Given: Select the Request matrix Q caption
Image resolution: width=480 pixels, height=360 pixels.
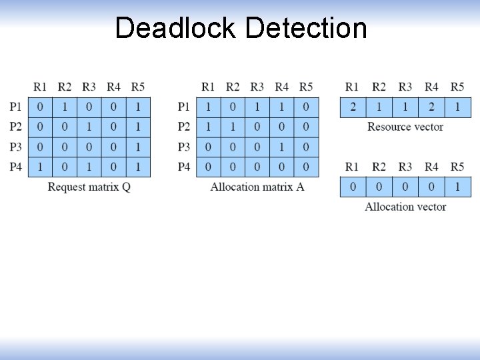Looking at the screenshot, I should pyautogui.click(x=89, y=187).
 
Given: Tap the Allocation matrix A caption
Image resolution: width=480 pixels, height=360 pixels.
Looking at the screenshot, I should pyautogui.click(x=257, y=187).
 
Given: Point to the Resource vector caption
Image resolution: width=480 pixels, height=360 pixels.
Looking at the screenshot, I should pyautogui.click(x=405, y=127).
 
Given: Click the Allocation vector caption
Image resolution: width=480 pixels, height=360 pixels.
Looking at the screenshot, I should pyautogui.click(x=405, y=207).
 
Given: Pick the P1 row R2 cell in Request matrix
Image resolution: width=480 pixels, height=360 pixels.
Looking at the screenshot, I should pyautogui.click(x=65, y=107).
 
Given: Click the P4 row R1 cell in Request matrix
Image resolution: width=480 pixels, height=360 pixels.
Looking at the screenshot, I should pyautogui.click(x=41, y=167).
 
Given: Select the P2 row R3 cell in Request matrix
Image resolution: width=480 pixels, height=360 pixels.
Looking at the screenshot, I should pyautogui.click(x=89, y=127).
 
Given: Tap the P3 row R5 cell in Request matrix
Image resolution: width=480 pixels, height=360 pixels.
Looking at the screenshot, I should pyautogui.click(x=137, y=147).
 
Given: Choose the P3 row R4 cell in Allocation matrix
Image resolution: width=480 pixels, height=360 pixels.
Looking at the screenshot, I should pyautogui.click(x=281, y=147).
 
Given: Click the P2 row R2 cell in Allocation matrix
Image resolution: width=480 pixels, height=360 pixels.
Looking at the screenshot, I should pyautogui.click(x=233, y=127).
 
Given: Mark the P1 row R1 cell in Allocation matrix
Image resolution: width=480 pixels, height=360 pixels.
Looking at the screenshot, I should pyautogui.click(x=209, y=107).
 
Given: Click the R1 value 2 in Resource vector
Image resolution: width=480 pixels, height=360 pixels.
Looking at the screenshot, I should pyautogui.click(x=353, y=107).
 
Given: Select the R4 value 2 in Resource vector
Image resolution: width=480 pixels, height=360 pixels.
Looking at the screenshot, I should pyautogui.click(x=431, y=107).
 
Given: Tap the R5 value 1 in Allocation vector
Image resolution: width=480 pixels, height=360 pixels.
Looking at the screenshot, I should pyautogui.click(x=457, y=187).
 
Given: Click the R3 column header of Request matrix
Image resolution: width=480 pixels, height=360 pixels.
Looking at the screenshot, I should pyautogui.click(x=89, y=87).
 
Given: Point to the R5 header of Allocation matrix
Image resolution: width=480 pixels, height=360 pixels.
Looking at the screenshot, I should pyautogui.click(x=306, y=87).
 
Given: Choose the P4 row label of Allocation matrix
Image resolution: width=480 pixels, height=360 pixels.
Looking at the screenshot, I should pyautogui.click(x=184, y=167).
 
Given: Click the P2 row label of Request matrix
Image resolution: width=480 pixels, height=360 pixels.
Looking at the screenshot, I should pyautogui.click(x=16, y=127).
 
